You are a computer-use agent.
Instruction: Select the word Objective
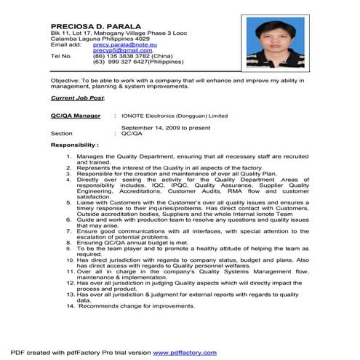[65, 81]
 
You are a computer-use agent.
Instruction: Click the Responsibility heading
[75, 146]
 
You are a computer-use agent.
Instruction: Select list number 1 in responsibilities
[69, 157]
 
